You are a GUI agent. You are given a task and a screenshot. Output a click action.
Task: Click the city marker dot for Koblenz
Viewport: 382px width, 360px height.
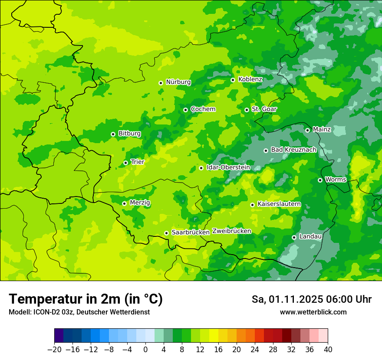click(x=233, y=80)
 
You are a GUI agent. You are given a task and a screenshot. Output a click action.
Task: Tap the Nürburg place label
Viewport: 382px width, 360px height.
click(x=178, y=82)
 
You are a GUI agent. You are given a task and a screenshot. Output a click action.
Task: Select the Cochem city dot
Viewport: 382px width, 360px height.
click(x=185, y=110)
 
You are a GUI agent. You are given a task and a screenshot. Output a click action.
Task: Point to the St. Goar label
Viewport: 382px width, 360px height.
click(x=264, y=109)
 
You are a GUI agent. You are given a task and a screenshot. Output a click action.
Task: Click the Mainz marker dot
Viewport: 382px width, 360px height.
click(x=307, y=130)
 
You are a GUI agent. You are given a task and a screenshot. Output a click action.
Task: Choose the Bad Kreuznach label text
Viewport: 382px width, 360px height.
click(x=293, y=150)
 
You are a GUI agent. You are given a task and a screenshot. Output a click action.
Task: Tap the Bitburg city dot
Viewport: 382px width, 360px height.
click(x=113, y=134)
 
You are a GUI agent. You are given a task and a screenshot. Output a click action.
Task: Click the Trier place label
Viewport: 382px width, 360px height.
click(x=138, y=162)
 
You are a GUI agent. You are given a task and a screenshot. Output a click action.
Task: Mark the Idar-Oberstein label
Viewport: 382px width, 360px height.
click(x=228, y=167)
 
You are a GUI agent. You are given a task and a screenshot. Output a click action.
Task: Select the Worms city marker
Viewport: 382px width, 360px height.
click(x=320, y=180)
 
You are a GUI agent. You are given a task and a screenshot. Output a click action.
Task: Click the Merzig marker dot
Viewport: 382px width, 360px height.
click(x=124, y=203)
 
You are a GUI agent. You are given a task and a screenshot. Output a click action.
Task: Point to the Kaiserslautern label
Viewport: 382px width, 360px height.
click(x=279, y=204)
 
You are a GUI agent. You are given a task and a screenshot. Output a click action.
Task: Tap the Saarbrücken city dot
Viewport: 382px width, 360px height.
click(x=166, y=233)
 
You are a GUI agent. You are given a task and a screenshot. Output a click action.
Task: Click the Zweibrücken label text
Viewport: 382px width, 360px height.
click(x=231, y=231)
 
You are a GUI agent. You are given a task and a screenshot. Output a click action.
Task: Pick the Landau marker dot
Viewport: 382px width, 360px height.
click(x=294, y=237)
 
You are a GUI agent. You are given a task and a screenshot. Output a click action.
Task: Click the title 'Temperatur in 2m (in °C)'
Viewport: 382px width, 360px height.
click(x=86, y=299)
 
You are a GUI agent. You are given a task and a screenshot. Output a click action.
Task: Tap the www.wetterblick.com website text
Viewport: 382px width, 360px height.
click(x=313, y=312)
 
